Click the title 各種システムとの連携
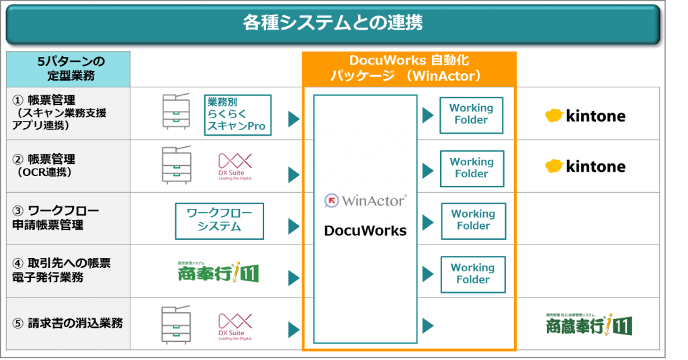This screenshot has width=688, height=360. (333, 24)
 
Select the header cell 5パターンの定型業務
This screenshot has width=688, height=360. (68, 69)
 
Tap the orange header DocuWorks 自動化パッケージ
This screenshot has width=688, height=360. (408, 69)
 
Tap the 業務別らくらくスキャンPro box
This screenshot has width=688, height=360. (237, 114)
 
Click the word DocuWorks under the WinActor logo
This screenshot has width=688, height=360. (365, 230)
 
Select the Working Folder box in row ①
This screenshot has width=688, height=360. (471, 114)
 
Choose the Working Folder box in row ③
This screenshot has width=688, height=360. (473, 220)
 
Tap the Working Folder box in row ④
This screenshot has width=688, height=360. (473, 273)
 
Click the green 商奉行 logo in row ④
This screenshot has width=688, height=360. (218, 273)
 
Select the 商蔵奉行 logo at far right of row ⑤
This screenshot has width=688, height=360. (589, 325)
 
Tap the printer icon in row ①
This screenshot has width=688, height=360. (177, 112)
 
